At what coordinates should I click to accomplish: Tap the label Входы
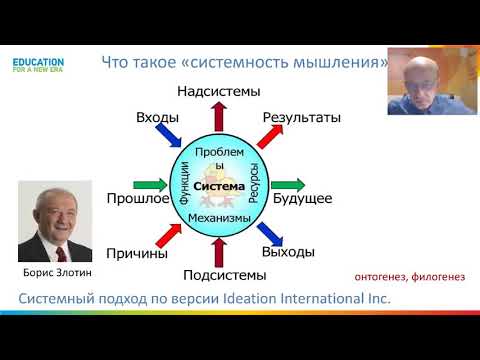click(x=157, y=118)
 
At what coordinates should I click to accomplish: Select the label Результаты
click(x=301, y=118)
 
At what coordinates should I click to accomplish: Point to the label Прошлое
click(x=137, y=199)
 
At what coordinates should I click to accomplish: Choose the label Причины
click(x=137, y=253)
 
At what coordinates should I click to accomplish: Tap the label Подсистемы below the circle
click(x=225, y=275)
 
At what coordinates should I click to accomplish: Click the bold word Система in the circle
click(x=219, y=186)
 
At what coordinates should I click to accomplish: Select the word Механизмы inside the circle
click(x=219, y=217)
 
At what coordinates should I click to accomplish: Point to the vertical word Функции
click(x=184, y=184)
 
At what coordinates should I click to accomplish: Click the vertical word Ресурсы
click(x=254, y=184)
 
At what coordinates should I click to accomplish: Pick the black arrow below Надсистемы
click(x=218, y=115)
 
